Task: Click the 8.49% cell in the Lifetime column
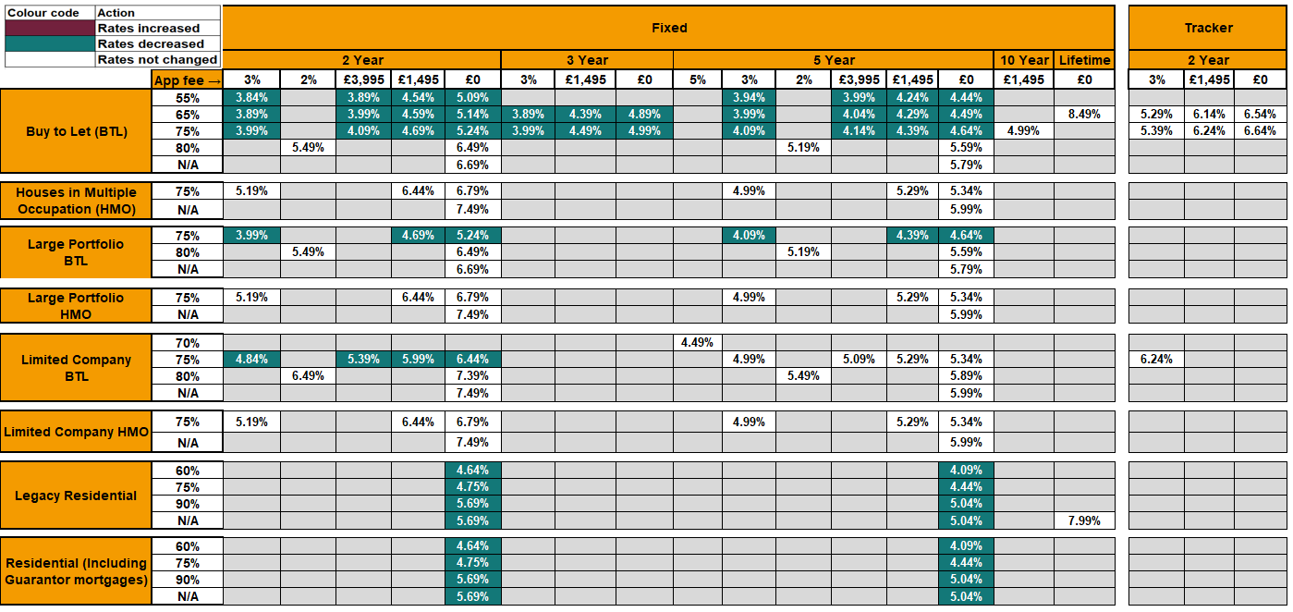click(x=1083, y=114)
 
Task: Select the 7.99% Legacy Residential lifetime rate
click(x=1083, y=520)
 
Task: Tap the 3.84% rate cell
click(x=251, y=97)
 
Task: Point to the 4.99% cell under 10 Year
click(x=1023, y=130)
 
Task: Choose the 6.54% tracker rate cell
click(x=1260, y=114)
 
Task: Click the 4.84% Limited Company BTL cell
click(x=251, y=359)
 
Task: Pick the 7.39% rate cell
click(x=472, y=375)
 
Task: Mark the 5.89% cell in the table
click(x=966, y=375)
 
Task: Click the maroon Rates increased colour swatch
click(x=49, y=29)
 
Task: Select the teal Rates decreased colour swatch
click(x=49, y=43)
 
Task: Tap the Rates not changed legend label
click(x=157, y=59)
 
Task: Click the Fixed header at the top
click(x=668, y=28)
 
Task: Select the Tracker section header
click(x=1208, y=28)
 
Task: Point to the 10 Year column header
click(x=1023, y=60)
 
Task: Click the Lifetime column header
click(x=1083, y=60)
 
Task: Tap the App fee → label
click(x=188, y=80)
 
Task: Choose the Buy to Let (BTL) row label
click(x=76, y=130)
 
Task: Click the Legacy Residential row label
click(x=76, y=496)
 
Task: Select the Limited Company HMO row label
click(x=76, y=432)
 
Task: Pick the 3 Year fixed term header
click(x=587, y=60)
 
